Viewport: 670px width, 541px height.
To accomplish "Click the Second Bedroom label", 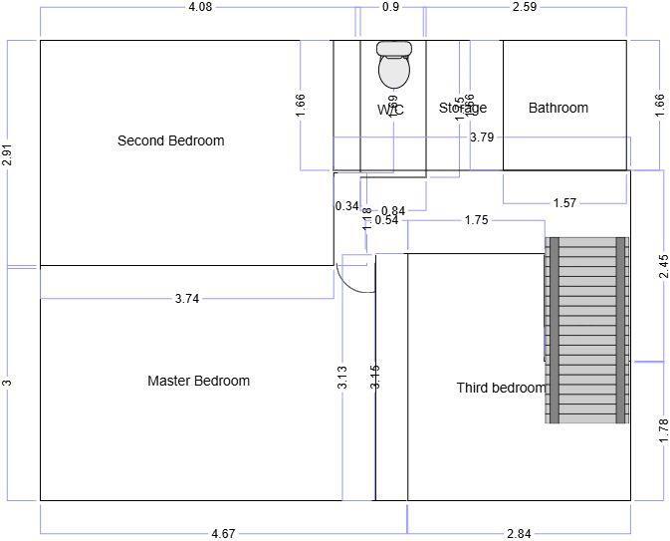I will (x=170, y=140).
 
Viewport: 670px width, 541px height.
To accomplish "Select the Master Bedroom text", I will (x=198, y=381).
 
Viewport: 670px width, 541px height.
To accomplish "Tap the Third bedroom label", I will (x=501, y=388).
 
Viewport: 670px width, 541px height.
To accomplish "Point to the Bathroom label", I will (x=558, y=108).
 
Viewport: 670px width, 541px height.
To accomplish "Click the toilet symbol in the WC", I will (x=394, y=65).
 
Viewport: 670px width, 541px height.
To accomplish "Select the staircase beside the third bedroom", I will (x=587, y=330).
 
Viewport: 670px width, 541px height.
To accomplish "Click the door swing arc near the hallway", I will (x=354, y=274).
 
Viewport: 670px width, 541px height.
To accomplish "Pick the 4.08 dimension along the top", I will (x=200, y=7).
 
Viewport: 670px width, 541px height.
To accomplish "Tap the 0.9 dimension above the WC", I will (x=390, y=7).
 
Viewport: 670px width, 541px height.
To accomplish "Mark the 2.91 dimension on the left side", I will (x=7, y=155).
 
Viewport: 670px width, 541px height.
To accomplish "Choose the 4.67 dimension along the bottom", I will (x=223, y=534).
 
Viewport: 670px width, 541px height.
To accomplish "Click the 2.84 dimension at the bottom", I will (x=518, y=534).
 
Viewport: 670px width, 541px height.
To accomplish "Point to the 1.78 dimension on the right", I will (x=663, y=430).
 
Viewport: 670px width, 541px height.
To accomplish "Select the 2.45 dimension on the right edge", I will (x=663, y=267).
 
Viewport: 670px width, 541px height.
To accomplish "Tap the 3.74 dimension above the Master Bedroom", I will (x=186, y=298).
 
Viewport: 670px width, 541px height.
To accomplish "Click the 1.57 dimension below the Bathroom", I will (x=564, y=203).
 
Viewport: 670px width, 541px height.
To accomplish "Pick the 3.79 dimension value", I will (x=482, y=137).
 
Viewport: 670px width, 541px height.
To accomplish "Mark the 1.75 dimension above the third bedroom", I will (x=476, y=220).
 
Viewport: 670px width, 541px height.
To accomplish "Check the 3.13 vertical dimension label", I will (x=341, y=376).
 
